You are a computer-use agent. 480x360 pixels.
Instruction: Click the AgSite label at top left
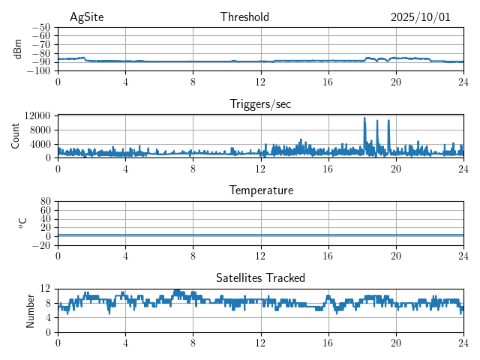(x=86, y=17)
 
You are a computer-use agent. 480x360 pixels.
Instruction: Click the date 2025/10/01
(x=420, y=17)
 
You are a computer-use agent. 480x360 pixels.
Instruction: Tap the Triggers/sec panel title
(x=260, y=104)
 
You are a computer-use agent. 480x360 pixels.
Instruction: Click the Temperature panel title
(x=260, y=191)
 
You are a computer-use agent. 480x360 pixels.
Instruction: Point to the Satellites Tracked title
(x=260, y=278)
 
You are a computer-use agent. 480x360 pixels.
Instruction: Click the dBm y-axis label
(x=18, y=49)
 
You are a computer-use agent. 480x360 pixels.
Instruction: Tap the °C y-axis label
(x=22, y=223)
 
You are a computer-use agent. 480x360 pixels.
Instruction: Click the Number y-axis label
(x=30, y=310)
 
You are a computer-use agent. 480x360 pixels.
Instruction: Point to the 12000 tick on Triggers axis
(x=36, y=115)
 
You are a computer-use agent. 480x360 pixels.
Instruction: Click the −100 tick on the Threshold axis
(x=39, y=71)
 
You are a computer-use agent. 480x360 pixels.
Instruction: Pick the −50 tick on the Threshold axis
(x=42, y=27)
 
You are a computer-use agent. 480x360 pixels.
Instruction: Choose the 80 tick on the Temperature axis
(x=45, y=202)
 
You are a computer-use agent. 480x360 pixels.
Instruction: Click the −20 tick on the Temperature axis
(x=42, y=245)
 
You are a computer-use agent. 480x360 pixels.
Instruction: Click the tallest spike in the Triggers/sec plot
(x=364, y=118)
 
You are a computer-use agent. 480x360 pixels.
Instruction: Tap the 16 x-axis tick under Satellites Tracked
(x=328, y=343)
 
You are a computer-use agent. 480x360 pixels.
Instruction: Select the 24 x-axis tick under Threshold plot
(x=463, y=82)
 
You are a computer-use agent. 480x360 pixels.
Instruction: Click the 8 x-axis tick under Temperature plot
(x=193, y=256)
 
